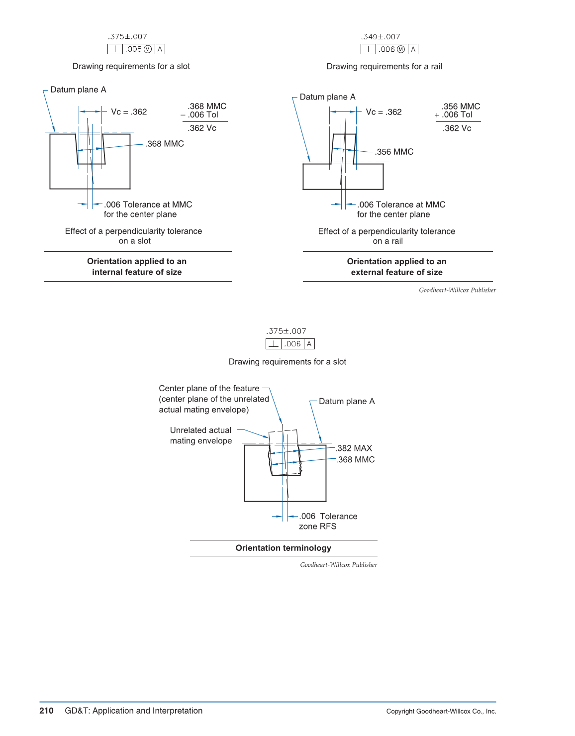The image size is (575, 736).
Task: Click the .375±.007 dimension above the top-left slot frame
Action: click(127, 37)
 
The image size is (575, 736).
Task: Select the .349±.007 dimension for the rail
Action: click(381, 37)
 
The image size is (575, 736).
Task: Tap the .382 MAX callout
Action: click(354, 448)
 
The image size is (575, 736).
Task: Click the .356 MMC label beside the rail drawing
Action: click(394, 152)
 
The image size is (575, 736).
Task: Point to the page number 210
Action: click(46, 711)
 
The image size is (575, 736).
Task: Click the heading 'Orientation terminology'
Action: click(283, 548)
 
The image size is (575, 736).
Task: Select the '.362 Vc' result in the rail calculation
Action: click(457, 128)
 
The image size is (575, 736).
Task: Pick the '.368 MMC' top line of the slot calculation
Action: click(207, 106)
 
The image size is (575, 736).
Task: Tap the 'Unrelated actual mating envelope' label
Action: click(201, 435)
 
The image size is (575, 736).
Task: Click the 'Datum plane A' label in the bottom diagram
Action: click(347, 401)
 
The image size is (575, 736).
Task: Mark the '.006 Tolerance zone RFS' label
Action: click(328, 522)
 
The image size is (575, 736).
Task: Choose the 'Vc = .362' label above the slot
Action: click(129, 112)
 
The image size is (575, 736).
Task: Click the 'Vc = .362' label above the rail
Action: click(383, 112)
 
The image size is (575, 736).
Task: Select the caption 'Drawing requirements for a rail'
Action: click(384, 67)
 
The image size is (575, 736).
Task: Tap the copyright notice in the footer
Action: click(441, 711)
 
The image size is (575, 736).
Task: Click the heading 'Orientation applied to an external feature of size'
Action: click(396, 267)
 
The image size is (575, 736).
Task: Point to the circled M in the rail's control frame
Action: click(401, 49)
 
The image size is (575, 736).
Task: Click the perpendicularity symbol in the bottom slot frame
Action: click(274, 344)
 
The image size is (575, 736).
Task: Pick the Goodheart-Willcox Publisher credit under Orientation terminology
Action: click(338, 565)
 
